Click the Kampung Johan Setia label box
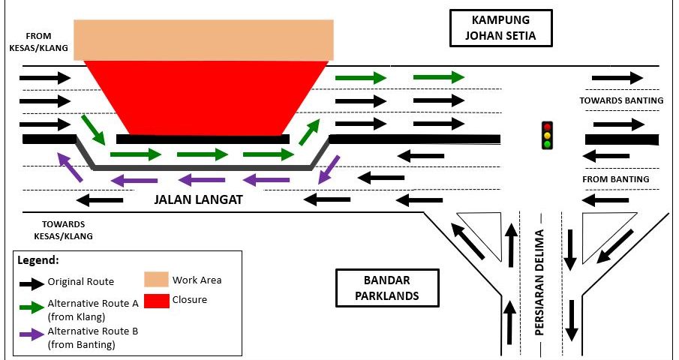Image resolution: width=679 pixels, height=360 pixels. coord(500,28)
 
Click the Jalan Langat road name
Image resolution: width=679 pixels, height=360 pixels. coord(198,200)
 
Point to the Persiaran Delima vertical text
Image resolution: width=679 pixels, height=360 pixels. coord(539,288)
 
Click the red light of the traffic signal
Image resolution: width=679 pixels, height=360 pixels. coord(548,127)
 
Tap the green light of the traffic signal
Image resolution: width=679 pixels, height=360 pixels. coord(548,144)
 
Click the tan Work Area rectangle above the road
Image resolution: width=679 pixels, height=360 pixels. coord(204,40)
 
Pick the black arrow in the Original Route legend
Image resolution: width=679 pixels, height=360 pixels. coord(30,283)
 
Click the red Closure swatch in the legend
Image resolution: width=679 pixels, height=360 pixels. coord(155,300)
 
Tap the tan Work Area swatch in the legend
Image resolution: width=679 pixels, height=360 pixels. coord(155,280)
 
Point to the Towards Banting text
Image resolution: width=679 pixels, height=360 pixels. coord(621,100)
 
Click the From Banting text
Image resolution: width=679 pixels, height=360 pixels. coord(616,179)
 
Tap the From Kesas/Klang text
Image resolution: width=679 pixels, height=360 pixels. coord(38,42)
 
